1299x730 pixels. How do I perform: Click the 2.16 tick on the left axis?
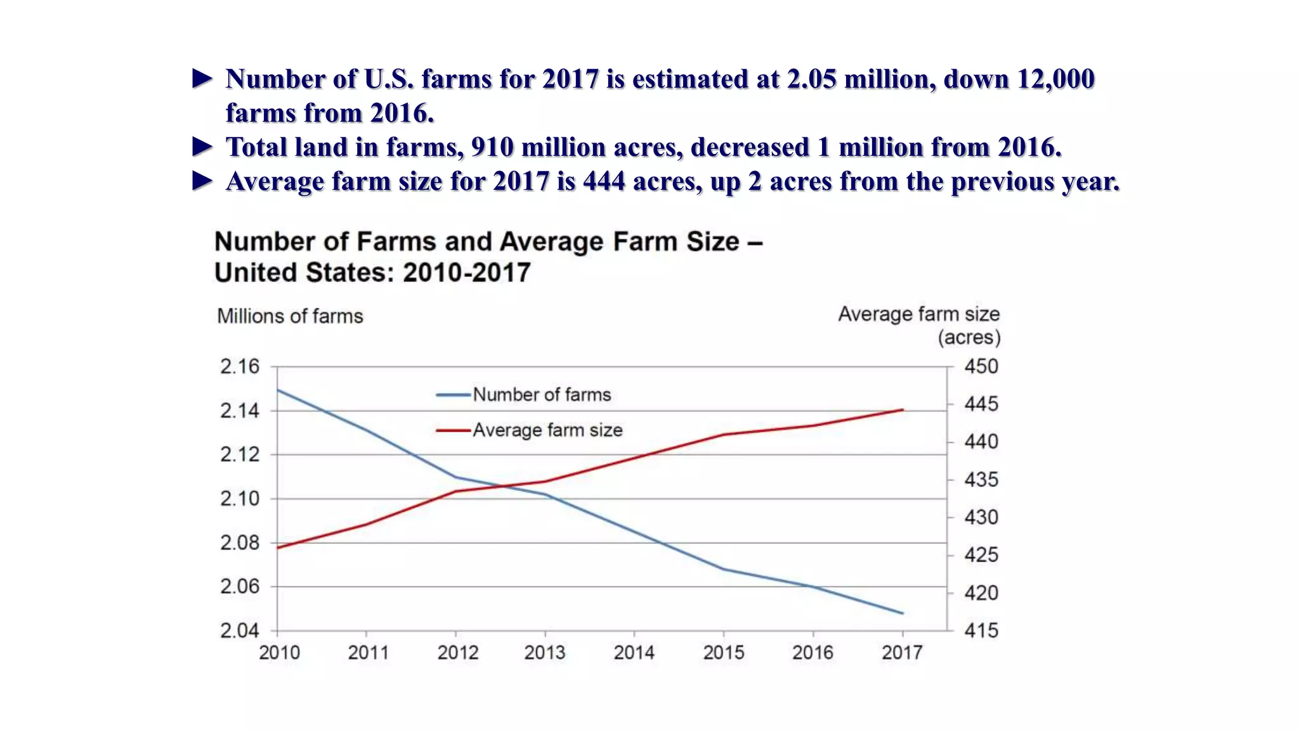click(x=240, y=366)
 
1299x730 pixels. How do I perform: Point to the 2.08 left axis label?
click(x=240, y=542)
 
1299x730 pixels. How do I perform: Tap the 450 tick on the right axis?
click(x=981, y=366)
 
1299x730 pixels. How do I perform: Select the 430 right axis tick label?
click(x=981, y=517)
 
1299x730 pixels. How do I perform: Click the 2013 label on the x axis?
click(x=544, y=652)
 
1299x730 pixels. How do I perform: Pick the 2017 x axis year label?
click(x=902, y=652)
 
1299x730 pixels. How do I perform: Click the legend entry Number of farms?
click(x=541, y=395)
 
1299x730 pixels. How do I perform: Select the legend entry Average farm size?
click(x=547, y=430)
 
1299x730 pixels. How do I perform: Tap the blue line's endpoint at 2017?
click(x=902, y=613)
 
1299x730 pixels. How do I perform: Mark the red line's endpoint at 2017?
click(x=902, y=410)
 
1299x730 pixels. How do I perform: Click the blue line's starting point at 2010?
click(x=278, y=390)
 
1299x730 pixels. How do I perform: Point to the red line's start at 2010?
click(x=278, y=547)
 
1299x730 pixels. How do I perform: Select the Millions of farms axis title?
click(x=290, y=316)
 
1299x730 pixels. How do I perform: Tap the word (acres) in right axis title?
click(x=969, y=337)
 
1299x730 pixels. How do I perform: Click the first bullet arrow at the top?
click(x=202, y=79)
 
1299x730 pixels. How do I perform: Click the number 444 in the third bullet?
click(x=604, y=181)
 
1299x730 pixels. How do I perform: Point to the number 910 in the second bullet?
click(x=492, y=147)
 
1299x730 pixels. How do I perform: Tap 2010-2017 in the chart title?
click(x=467, y=272)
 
